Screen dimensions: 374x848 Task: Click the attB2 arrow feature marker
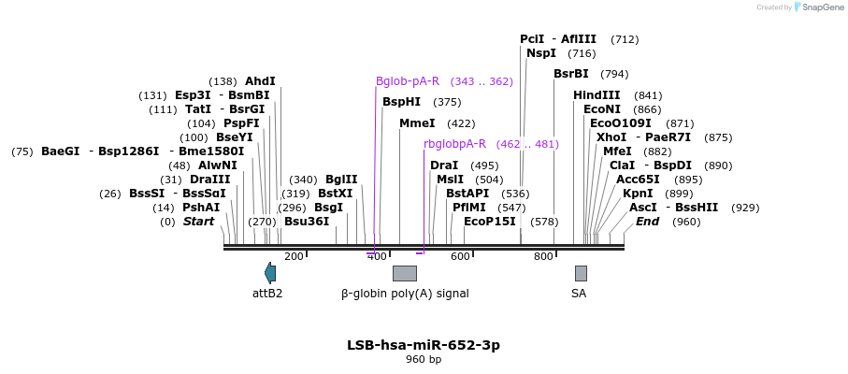tap(270, 273)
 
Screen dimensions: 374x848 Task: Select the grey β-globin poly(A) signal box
tap(404, 273)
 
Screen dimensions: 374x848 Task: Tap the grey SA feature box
tap(581, 273)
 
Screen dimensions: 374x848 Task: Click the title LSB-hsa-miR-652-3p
tap(424, 345)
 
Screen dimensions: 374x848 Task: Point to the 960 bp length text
tap(424, 360)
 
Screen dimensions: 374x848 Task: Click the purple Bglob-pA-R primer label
tap(408, 81)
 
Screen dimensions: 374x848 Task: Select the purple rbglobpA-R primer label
tap(454, 144)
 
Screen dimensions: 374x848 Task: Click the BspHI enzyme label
tap(401, 102)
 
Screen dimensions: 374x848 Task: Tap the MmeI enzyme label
tap(417, 123)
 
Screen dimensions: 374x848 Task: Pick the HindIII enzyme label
tap(596, 95)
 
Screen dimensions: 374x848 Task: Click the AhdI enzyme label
tap(260, 81)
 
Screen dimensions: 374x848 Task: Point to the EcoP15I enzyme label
tap(490, 222)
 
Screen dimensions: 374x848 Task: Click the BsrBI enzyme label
tap(571, 74)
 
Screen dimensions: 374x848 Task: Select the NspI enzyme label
tap(541, 53)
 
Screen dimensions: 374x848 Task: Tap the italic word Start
tap(198, 222)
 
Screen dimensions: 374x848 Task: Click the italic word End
tap(647, 222)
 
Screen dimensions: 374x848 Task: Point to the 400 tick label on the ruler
tap(377, 257)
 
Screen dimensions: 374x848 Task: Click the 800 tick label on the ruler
tap(543, 257)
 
